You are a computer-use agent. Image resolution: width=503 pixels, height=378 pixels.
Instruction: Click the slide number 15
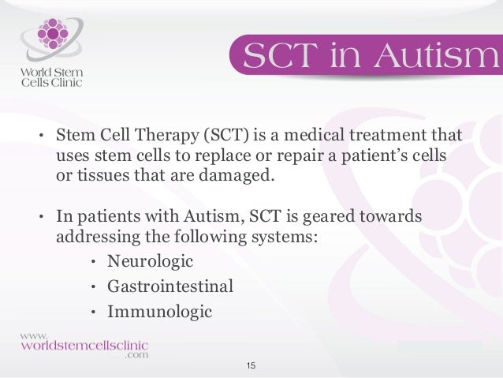pyautogui.click(x=251, y=366)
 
